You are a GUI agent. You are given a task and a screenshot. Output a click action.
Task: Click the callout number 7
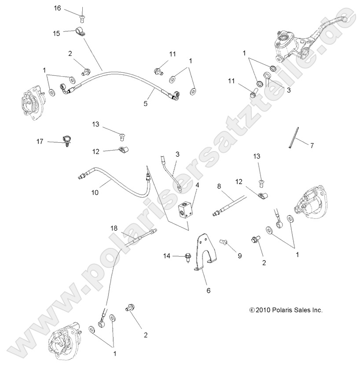point(312,145)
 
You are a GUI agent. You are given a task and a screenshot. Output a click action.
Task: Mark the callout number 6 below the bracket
point(209,291)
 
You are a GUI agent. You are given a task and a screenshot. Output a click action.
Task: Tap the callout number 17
point(40,141)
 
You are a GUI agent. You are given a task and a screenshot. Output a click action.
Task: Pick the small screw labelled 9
point(223,242)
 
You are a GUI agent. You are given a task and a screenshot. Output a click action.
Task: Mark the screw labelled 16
point(82,18)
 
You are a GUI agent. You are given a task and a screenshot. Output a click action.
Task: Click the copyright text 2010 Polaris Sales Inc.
point(286,310)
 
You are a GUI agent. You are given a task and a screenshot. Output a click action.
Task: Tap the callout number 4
point(198,185)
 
